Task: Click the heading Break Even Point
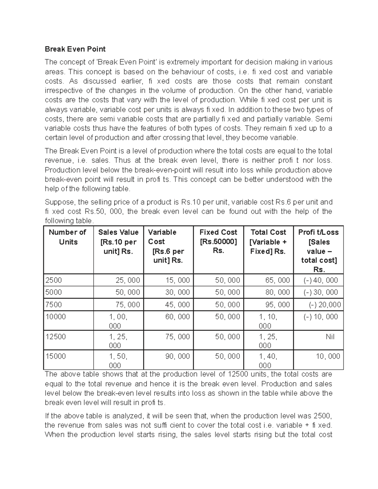pyautogui.click(x=75, y=49)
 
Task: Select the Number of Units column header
pyautogui.click(x=68, y=237)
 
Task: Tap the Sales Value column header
pyautogui.click(x=118, y=242)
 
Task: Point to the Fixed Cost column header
pyautogui.click(x=218, y=242)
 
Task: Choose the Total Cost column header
pyautogui.click(x=268, y=242)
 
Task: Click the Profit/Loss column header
pyautogui.click(x=318, y=251)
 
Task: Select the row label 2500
pyautogui.click(x=54, y=280)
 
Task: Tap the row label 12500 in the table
pyautogui.click(x=56, y=337)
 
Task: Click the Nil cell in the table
pyautogui.click(x=330, y=337)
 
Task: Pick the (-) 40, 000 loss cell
pyautogui.click(x=321, y=280)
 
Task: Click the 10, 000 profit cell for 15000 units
pyautogui.click(x=328, y=356)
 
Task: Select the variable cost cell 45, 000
pyautogui.click(x=178, y=305)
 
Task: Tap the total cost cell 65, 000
pyautogui.click(x=278, y=280)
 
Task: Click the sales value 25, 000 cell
pyautogui.click(x=128, y=280)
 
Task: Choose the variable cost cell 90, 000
pyautogui.click(x=178, y=356)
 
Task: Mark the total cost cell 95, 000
pyautogui.click(x=278, y=305)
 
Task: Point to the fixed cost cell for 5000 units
pyautogui.click(x=227, y=293)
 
